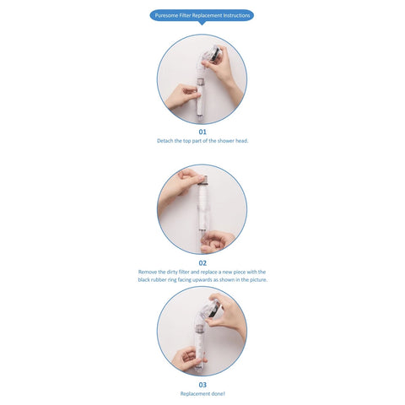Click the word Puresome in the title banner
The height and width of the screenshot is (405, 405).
165,15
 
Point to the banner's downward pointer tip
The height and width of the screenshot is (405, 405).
202,25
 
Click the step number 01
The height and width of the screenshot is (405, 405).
202,132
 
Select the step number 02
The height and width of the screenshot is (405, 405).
202,263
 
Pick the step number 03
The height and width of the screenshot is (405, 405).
202,384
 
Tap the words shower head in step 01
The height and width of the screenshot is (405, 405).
232,141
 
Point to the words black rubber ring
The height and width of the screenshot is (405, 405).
158,280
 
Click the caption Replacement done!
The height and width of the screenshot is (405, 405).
202,393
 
